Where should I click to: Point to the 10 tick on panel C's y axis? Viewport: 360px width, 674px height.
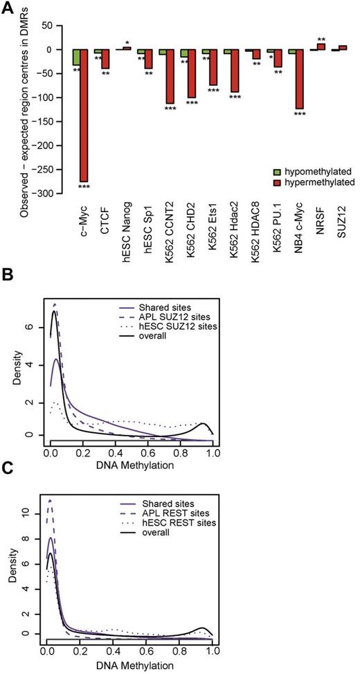click(x=32, y=513)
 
